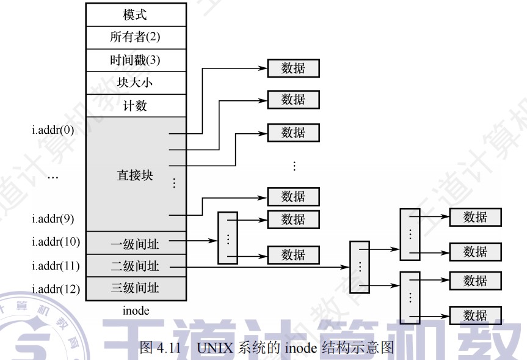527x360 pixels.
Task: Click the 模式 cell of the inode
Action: click(135, 15)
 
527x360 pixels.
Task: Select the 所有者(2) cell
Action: click(135, 37)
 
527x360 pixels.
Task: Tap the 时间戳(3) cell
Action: click(135, 60)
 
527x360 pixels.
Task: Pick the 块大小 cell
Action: click(135, 83)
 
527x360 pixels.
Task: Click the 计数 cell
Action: click(135, 105)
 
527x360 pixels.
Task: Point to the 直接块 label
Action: click(135, 175)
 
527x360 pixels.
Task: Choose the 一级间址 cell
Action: click(135, 243)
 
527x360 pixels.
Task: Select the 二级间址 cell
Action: click(135, 266)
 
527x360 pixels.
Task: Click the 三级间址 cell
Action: click(135, 288)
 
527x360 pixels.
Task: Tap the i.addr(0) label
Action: click(53, 131)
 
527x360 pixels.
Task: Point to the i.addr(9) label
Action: click(53, 218)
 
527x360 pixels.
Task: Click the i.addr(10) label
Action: click(56, 241)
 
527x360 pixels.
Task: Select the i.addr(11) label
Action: click(56, 266)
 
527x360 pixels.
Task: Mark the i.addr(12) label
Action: click(56, 288)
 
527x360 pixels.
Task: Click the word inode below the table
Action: click(136, 310)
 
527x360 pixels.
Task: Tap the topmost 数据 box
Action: click(293, 68)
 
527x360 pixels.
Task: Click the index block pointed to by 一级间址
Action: click(227, 238)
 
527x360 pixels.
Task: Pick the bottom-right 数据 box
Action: click(475, 315)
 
